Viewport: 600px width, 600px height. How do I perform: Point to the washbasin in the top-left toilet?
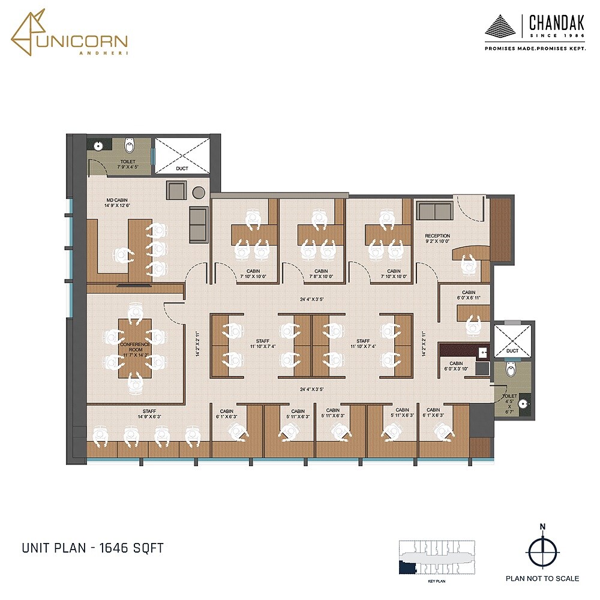point(98,145)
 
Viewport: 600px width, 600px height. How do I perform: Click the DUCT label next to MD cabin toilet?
point(182,169)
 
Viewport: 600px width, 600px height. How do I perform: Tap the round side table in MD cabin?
point(199,192)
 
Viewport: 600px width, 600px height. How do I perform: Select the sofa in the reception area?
point(434,211)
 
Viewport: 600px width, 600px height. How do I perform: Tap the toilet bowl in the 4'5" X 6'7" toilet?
point(511,369)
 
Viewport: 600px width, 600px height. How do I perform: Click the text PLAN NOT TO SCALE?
point(542,578)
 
